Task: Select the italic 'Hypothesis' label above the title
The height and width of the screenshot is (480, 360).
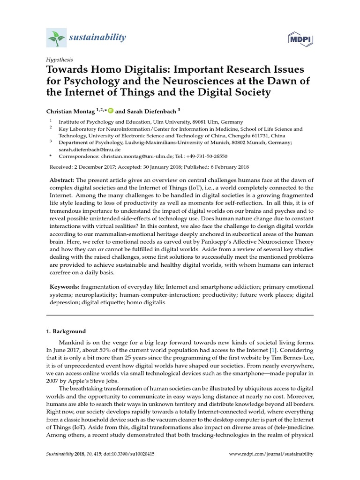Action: (59, 60)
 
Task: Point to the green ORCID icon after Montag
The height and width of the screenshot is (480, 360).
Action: (111, 111)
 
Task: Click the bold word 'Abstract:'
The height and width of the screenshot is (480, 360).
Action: (62, 181)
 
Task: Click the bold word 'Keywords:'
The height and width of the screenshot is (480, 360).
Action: (65, 286)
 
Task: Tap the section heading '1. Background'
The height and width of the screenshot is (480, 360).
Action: (66, 331)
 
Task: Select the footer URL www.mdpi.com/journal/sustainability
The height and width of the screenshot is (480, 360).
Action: (270, 454)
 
